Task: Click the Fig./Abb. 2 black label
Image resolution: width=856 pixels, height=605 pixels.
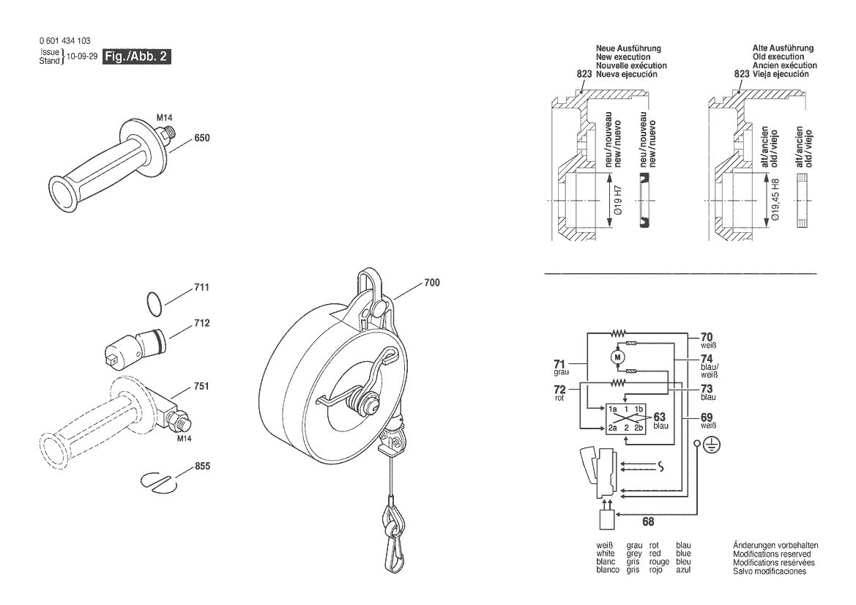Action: (x=137, y=56)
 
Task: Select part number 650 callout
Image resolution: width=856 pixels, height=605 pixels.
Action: (x=202, y=138)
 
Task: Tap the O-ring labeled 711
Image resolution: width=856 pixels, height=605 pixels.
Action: (x=152, y=304)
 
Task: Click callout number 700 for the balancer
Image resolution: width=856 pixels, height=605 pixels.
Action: (x=432, y=283)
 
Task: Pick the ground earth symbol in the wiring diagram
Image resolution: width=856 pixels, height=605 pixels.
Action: (x=710, y=444)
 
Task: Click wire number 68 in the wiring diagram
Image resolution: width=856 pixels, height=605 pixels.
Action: (x=648, y=522)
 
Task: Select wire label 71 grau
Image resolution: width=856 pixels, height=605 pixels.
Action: (x=559, y=366)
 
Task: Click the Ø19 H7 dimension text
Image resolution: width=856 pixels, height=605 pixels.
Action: (x=617, y=199)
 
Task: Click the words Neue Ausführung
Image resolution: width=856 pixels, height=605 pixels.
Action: (x=628, y=48)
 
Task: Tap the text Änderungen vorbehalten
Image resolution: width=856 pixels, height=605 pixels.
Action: (x=775, y=546)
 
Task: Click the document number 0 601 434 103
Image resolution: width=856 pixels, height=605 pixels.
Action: (x=66, y=41)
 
